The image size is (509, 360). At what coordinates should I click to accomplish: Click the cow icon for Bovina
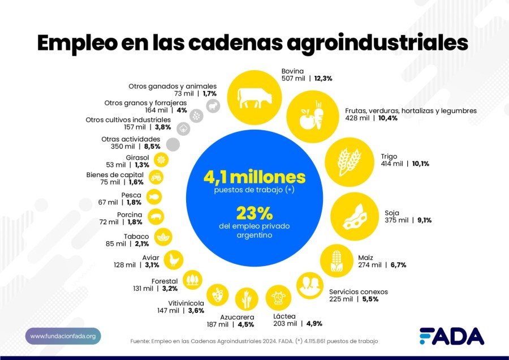(x=255, y=96)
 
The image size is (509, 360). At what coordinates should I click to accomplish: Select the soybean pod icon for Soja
(x=353, y=215)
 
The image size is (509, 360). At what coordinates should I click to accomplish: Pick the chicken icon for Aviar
(x=174, y=259)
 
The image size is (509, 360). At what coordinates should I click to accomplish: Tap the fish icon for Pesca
(x=154, y=197)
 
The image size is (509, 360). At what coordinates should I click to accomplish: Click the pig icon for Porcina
(x=155, y=217)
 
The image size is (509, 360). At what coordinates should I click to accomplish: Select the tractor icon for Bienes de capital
(x=156, y=178)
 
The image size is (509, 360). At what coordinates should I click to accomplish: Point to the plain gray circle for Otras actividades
(x=173, y=144)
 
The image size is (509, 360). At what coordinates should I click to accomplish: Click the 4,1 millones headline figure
(x=255, y=177)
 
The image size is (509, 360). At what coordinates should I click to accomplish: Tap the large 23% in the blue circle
(x=255, y=213)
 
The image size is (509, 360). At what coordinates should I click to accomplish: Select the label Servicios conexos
(x=358, y=292)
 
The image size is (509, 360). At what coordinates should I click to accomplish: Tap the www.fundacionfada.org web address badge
(x=63, y=336)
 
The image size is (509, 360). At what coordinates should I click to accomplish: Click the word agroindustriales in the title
(x=361, y=44)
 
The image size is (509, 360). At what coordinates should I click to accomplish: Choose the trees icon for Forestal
(x=193, y=279)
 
